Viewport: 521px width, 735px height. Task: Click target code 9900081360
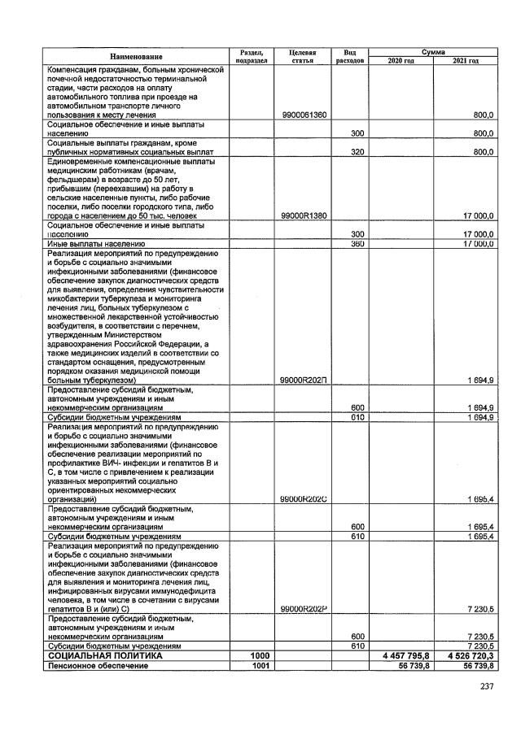click(x=303, y=115)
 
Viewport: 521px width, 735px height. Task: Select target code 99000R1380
click(x=303, y=215)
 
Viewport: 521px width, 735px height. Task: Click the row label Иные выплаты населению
click(x=95, y=243)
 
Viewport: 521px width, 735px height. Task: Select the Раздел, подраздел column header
click(x=251, y=56)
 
